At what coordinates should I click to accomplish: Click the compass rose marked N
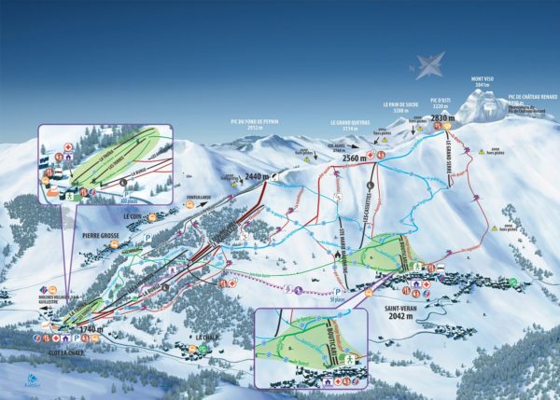[x=430, y=65]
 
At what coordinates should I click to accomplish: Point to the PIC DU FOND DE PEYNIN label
[x=255, y=121]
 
